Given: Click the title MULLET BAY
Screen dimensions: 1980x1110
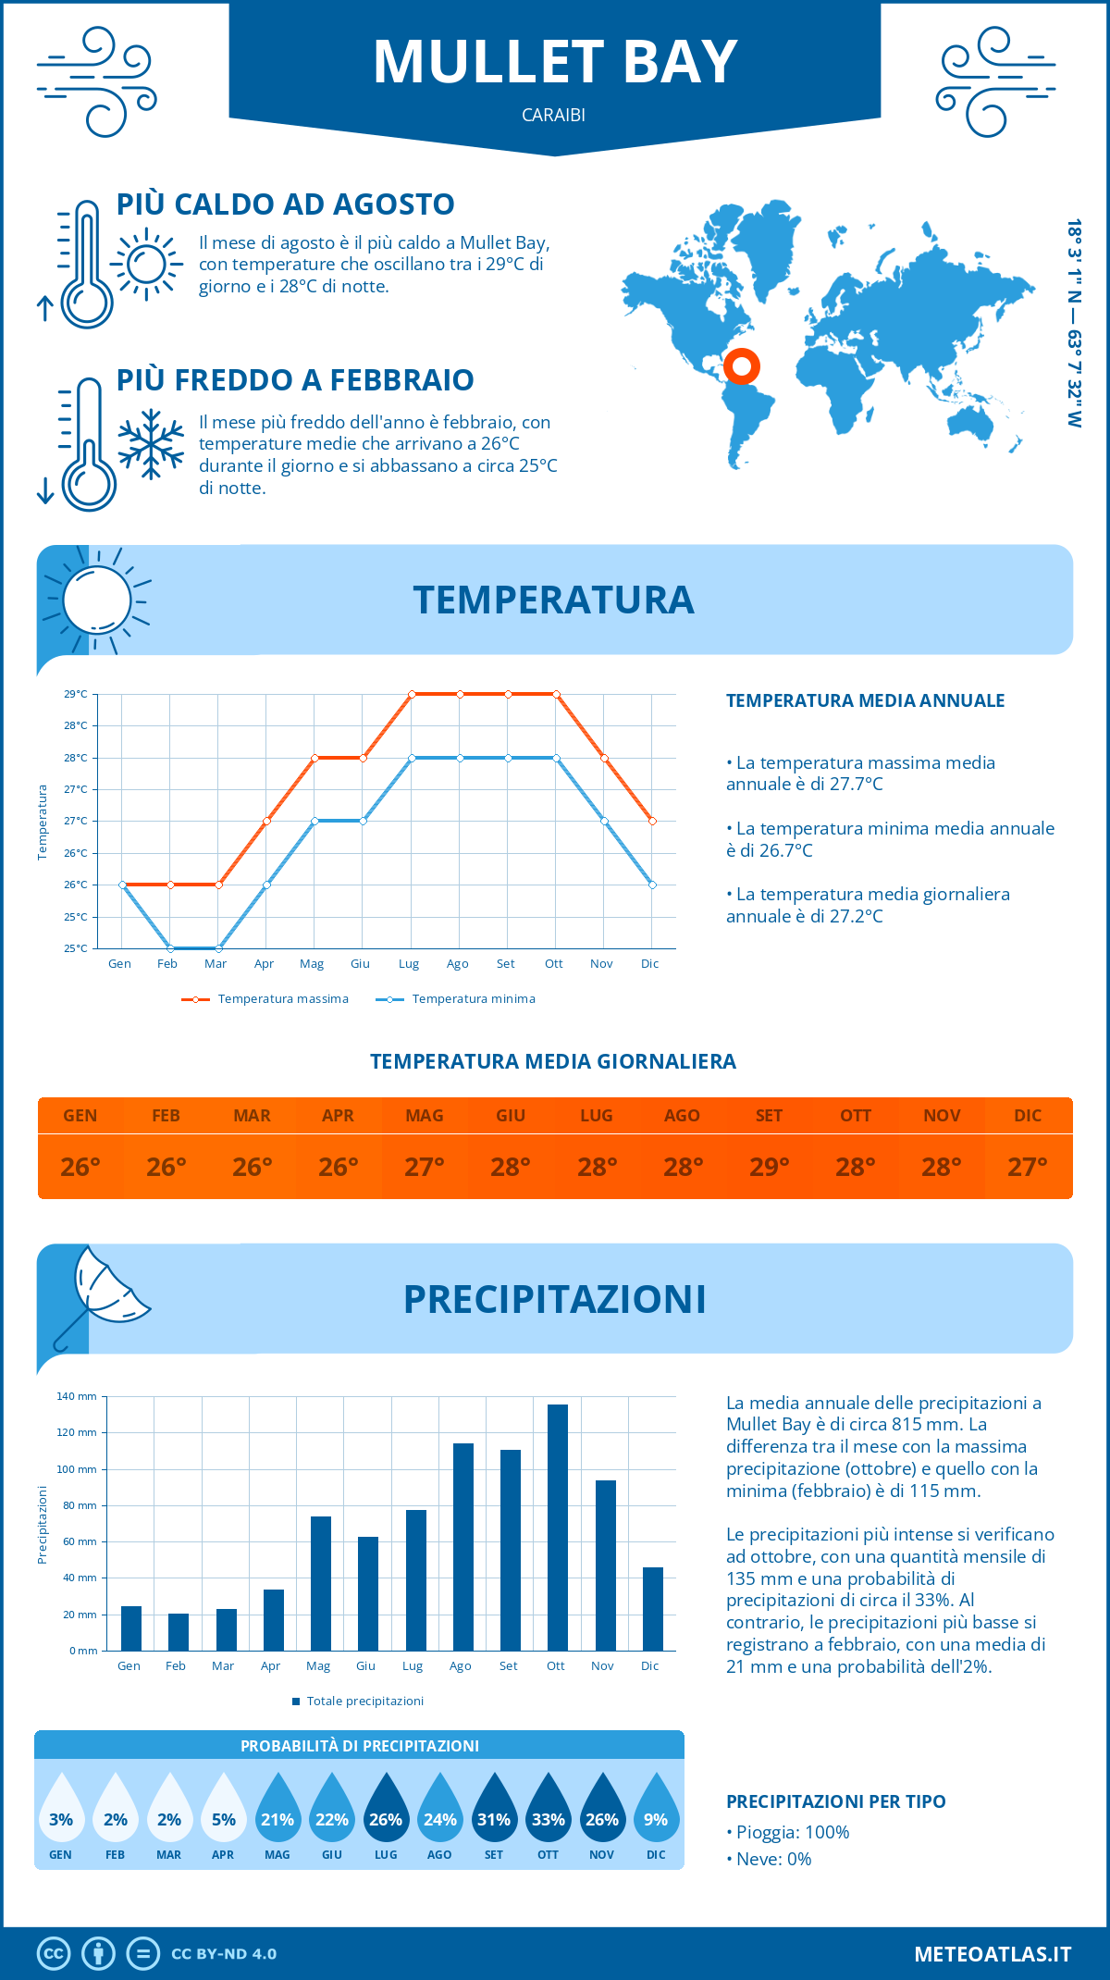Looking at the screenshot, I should pyautogui.click(x=555, y=63).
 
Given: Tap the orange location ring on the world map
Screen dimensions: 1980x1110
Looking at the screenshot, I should pyautogui.click(x=741, y=365).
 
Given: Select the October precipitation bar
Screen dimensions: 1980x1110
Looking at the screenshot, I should pyautogui.click(x=557, y=1527).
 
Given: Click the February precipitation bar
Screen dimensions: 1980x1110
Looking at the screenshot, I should pyautogui.click(x=178, y=1632).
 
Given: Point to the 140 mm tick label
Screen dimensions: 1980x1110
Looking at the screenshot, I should pyautogui.click(x=77, y=1396).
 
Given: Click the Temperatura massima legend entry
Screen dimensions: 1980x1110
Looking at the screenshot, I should pyautogui.click(x=266, y=999).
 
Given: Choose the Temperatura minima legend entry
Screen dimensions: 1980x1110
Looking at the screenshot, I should pyautogui.click(x=457, y=999).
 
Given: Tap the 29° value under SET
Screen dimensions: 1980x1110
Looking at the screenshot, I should pyautogui.click(x=769, y=1167).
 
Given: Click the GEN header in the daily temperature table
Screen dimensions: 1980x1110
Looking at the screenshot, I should pyautogui.click(x=80, y=1116).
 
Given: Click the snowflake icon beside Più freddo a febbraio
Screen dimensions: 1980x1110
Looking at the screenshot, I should pyautogui.click(x=151, y=444).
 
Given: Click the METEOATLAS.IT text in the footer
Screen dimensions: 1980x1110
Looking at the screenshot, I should pyautogui.click(x=992, y=1954).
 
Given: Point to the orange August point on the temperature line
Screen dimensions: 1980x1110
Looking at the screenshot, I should pyautogui.click(x=460, y=694).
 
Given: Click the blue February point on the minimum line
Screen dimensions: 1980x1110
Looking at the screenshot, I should pyautogui.click(x=170, y=948).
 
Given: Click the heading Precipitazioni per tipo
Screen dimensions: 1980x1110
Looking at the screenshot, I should pyautogui.click(x=835, y=1801).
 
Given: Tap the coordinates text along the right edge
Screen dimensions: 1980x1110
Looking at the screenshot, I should pyautogui.click(x=1074, y=324).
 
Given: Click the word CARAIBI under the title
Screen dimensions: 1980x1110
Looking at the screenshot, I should pyautogui.click(x=553, y=115).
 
